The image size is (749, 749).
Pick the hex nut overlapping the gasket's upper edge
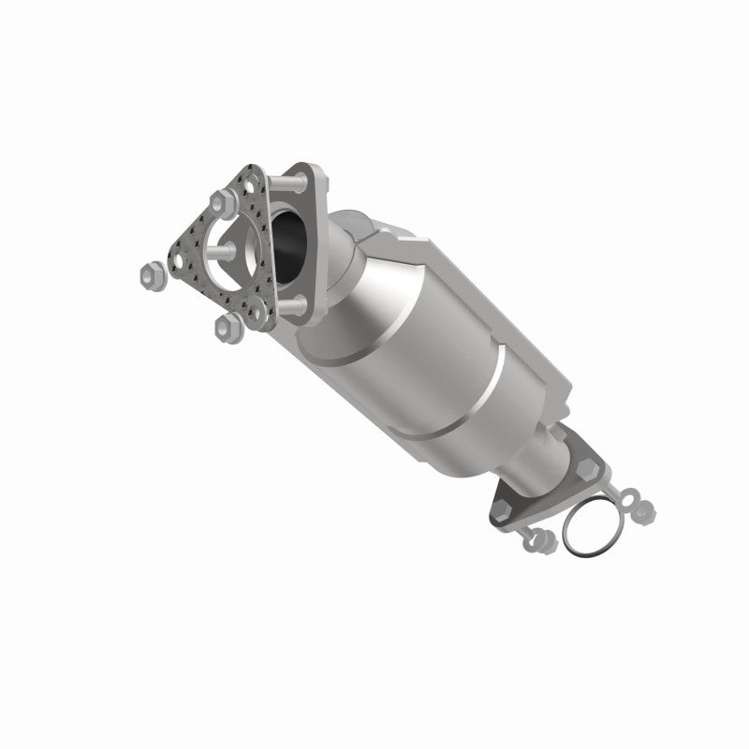[223, 200]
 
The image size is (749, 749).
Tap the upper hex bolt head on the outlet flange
[588, 463]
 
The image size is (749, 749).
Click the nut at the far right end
[645, 511]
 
